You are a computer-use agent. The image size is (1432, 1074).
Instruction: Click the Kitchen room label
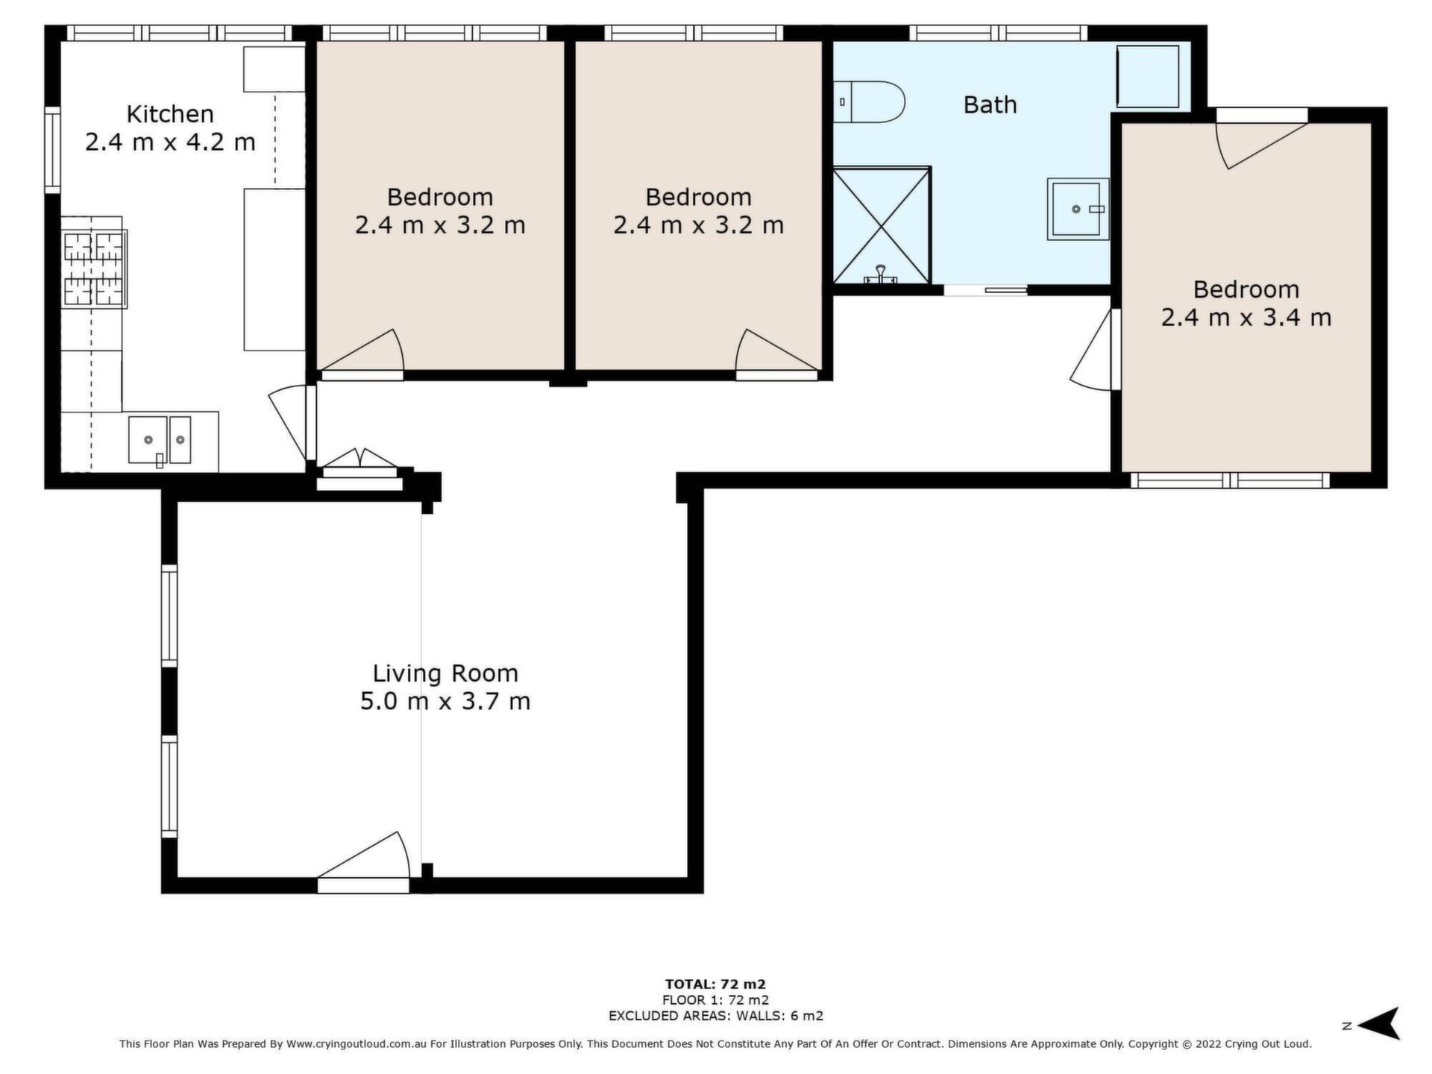170,114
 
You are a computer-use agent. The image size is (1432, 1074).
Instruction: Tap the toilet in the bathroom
869,102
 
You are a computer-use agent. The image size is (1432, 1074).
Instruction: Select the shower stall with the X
882,225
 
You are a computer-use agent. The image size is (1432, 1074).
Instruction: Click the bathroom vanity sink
1078,209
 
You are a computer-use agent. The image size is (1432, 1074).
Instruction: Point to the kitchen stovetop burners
94,269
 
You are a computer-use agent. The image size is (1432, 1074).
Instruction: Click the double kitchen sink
160,440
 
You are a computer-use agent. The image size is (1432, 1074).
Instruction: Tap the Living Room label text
445,673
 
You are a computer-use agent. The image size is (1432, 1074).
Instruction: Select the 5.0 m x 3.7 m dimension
445,702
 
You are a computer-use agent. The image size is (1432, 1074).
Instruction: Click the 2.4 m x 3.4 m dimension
1246,318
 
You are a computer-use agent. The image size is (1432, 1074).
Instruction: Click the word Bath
990,104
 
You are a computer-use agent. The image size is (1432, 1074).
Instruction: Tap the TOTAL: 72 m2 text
715,984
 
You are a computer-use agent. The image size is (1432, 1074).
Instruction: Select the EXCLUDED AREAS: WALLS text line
715,1016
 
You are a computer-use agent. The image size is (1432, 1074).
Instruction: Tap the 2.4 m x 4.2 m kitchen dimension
170,142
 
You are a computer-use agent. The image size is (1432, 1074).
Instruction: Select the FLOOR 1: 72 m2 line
715,1000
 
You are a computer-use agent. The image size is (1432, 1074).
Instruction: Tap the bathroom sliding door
986,289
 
